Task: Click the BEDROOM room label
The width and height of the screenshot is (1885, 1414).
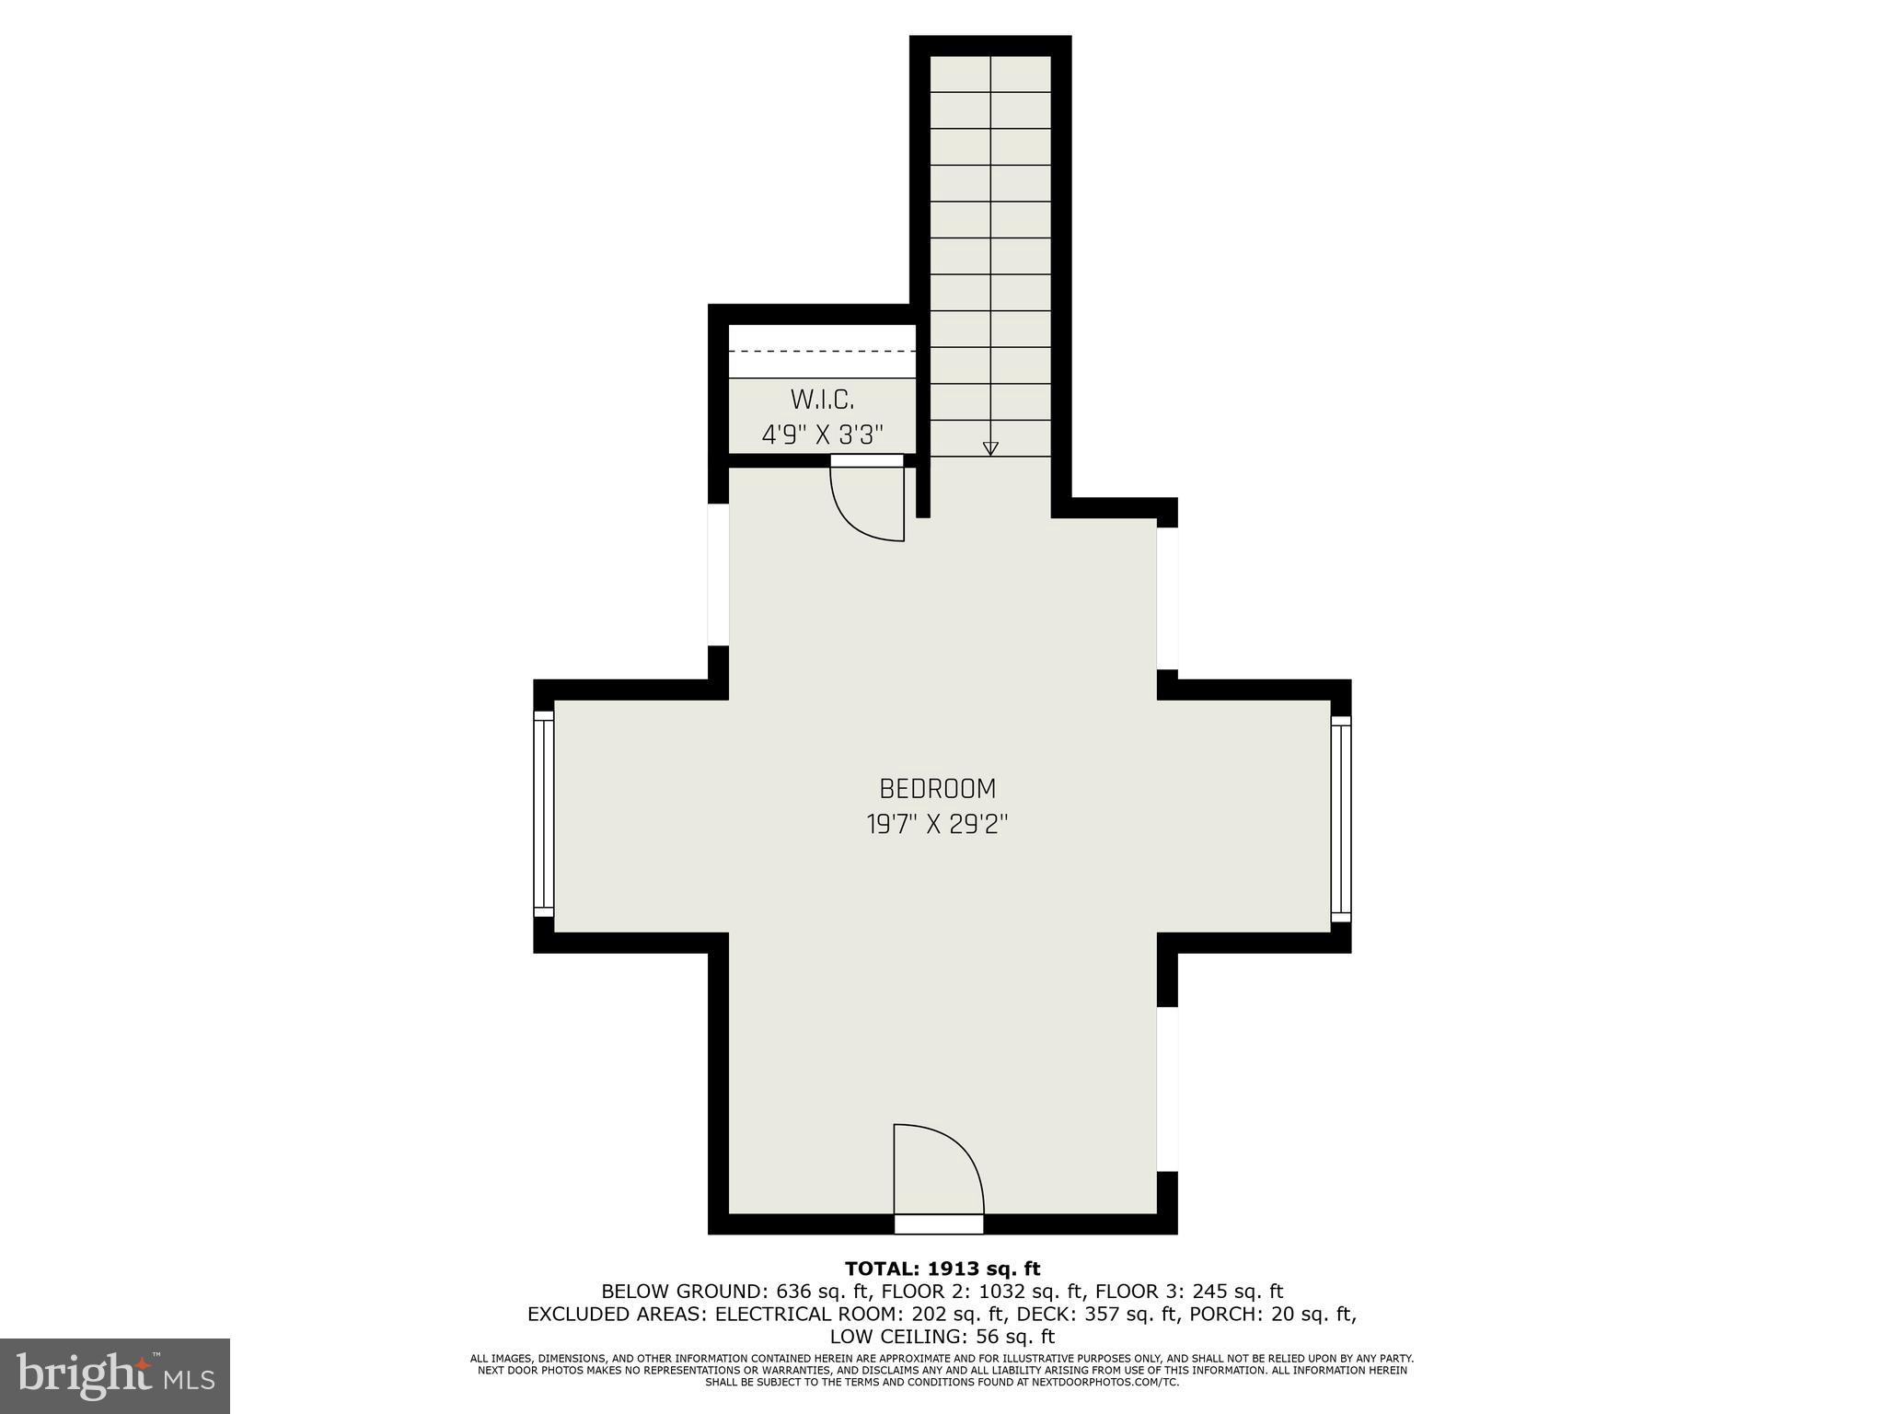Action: (937, 789)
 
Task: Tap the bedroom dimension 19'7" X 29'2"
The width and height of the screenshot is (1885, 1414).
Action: (937, 824)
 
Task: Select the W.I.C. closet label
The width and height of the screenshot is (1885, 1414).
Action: (822, 400)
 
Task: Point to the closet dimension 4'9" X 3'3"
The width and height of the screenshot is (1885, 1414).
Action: (822, 435)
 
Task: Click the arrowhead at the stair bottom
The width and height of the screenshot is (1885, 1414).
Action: (990, 448)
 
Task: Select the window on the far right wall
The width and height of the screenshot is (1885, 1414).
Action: (1341, 818)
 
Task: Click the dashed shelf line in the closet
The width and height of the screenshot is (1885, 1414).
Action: (822, 352)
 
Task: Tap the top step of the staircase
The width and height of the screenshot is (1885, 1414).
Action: (990, 74)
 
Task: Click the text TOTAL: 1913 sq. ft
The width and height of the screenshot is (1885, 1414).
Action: (942, 1269)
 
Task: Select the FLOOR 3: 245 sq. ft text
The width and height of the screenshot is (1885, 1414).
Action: (1189, 1292)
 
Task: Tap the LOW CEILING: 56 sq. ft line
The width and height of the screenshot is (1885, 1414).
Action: (942, 1337)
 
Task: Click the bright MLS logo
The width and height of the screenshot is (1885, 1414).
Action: (115, 1375)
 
